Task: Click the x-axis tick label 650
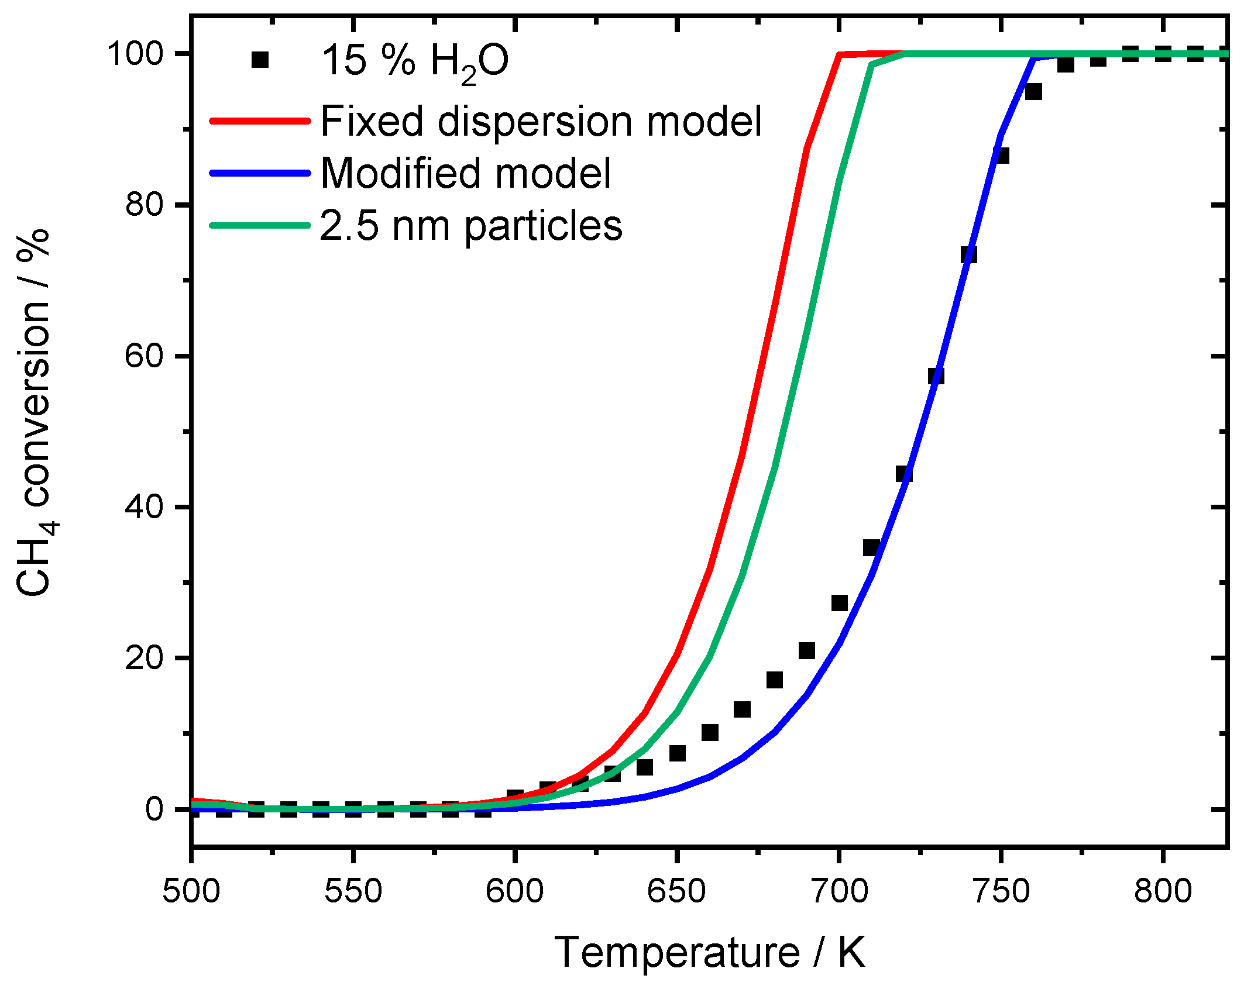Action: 676,892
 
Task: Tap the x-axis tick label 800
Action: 1163,892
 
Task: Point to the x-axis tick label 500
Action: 191,892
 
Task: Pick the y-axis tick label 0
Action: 154,809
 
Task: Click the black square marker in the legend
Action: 260,60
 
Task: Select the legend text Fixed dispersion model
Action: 541,122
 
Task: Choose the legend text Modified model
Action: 466,174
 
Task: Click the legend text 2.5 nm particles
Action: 471,226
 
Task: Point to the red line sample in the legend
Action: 260,122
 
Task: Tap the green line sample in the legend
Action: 260,225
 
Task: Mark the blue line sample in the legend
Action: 260,173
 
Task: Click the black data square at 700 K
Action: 839,603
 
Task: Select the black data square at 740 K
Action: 968,255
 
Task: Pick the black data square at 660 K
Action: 710,732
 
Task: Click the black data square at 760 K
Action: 1033,92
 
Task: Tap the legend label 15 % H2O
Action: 415,61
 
